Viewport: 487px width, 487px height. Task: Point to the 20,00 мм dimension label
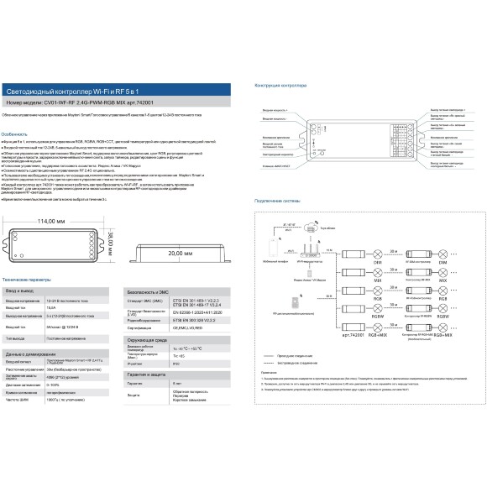pos(176,252)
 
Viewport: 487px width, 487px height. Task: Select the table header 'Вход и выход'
pos(23,288)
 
